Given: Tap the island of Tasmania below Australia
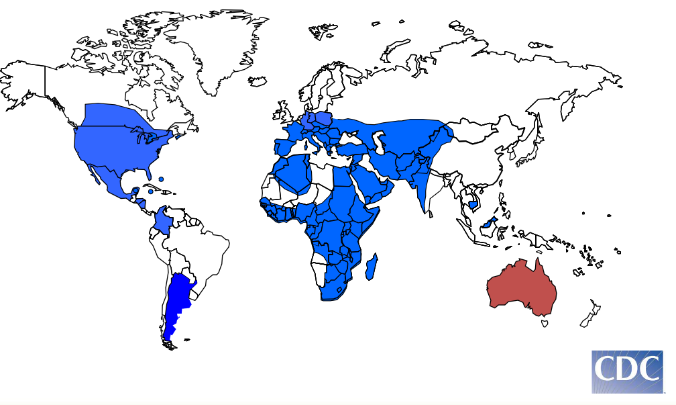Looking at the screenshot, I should (x=545, y=324).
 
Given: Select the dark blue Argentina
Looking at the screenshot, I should (x=177, y=302).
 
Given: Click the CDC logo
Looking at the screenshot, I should (x=626, y=371).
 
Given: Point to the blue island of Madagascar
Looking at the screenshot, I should (x=371, y=267).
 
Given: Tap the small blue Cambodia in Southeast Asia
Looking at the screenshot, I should (x=474, y=204).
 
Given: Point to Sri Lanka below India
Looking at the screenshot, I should (x=431, y=216).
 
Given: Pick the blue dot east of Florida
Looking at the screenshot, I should (x=162, y=179).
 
